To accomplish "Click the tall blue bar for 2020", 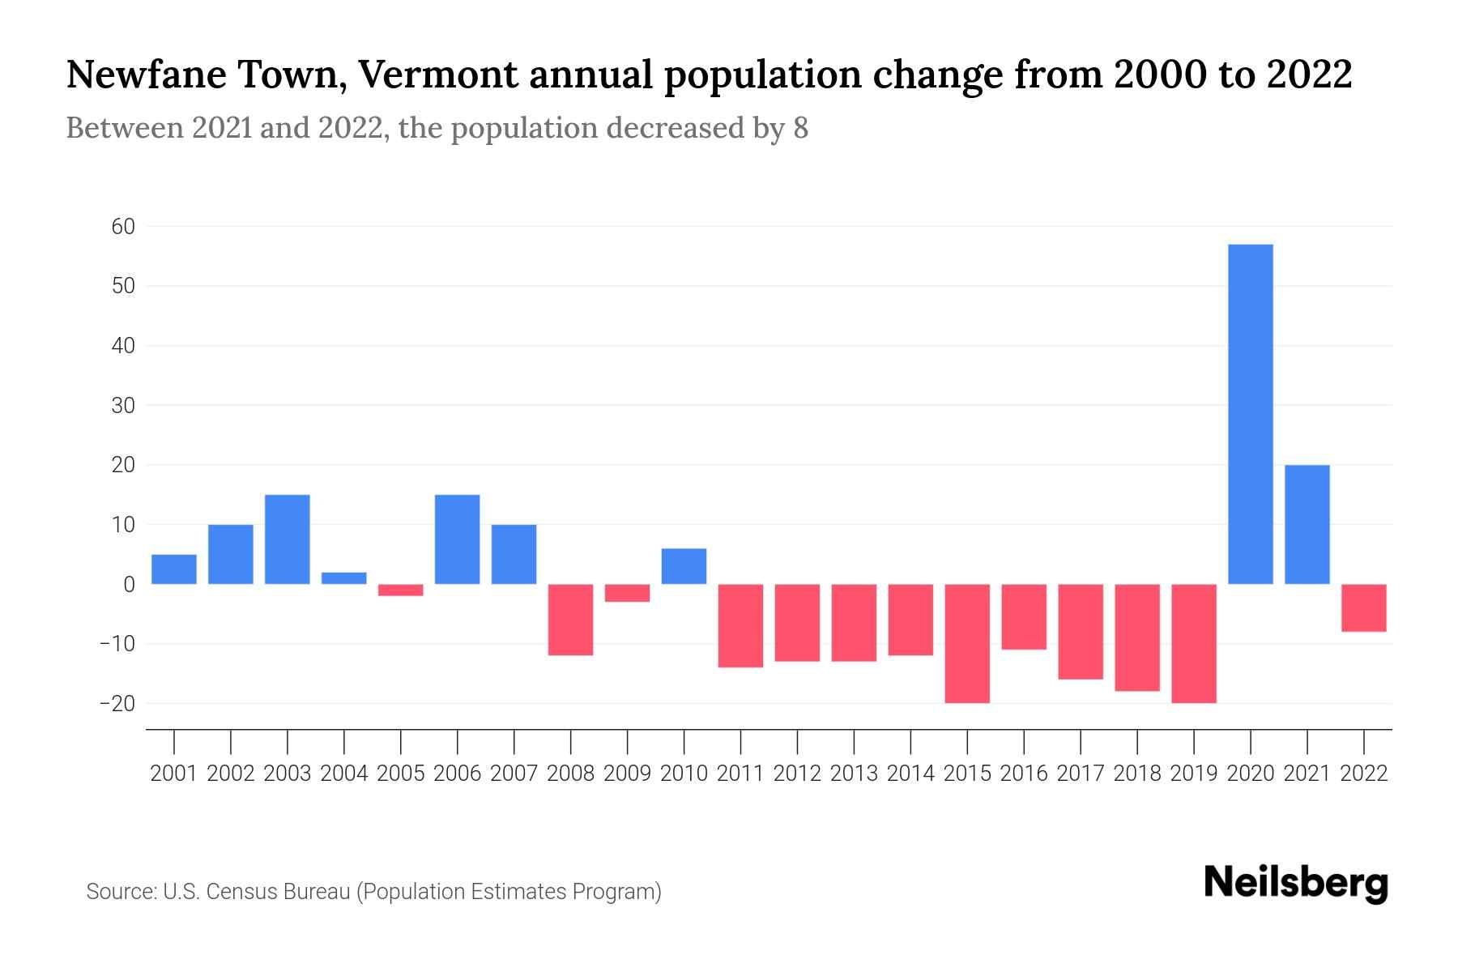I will (x=1251, y=413).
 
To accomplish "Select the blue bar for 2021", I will (x=1307, y=524).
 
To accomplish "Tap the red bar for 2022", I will (x=1364, y=607).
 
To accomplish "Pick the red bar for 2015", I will (x=967, y=643).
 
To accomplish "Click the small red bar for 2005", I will (x=401, y=590).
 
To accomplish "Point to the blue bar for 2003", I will (x=288, y=539).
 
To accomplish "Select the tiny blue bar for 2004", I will (x=344, y=578).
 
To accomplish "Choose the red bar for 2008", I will (x=571, y=620).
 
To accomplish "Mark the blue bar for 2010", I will (x=684, y=566).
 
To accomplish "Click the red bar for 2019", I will (x=1194, y=643).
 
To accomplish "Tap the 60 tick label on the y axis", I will (x=123, y=227).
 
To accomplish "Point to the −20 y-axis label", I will (x=117, y=703).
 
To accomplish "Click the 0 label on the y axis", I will (x=129, y=584).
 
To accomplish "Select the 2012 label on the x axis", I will (x=797, y=774).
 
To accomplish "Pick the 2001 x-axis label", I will (x=174, y=774).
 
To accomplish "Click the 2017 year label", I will (x=1081, y=774).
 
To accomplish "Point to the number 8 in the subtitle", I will (x=800, y=128).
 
